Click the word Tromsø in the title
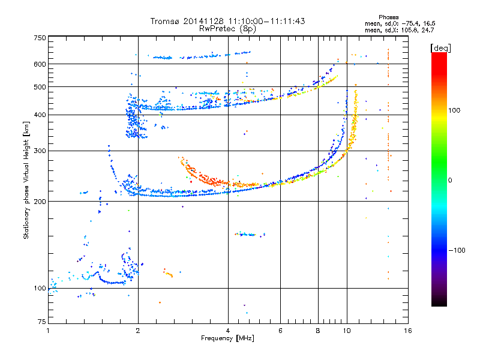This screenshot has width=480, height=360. pyautogui.click(x=166, y=21)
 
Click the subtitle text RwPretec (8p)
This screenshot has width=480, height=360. pyautogui.click(x=227, y=29)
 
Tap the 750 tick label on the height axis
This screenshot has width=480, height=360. pyautogui.click(x=40, y=38)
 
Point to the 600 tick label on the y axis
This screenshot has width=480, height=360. pyautogui.click(x=40, y=64)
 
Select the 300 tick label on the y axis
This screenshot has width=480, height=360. pyautogui.click(x=40, y=151)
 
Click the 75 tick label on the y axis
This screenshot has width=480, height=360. pyautogui.click(x=42, y=322)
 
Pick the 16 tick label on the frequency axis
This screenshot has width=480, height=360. pyautogui.click(x=408, y=331)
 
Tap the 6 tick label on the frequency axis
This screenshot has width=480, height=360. pyautogui.click(x=280, y=331)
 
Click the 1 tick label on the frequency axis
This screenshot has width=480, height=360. pyautogui.click(x=49, y=331)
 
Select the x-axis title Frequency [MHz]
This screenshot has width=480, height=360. pyautogui.click(x=227, y=338)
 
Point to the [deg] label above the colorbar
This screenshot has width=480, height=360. pyautogui.click(x=441, y=48)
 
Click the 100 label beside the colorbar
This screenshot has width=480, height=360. pyautogui.click(x=454, y=110)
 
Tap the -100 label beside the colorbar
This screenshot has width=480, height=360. pyautogui.click(x=457, y=250)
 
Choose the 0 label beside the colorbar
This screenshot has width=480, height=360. pyautogui.click(x=450, y=181)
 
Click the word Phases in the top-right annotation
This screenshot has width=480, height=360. pyautogui.click(x=389, y=17)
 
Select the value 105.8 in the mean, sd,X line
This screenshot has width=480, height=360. pyautogui.click(x=409, y=30)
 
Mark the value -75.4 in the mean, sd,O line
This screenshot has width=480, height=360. pyautogui.click(x=410, y=23)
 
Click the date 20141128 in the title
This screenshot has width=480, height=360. pyautogui.click(x=203, y=21)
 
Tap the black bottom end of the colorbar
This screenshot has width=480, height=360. pyautogui.click(x=439, y=304)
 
